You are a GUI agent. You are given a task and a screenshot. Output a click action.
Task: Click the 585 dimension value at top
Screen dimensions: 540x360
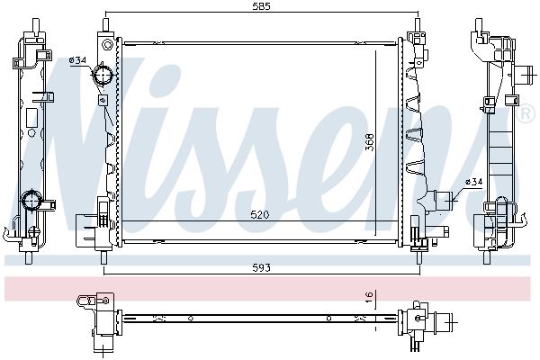261,6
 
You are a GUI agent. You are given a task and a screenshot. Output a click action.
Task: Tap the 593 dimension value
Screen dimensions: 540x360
261,267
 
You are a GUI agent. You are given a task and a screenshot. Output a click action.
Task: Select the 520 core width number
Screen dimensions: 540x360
260,215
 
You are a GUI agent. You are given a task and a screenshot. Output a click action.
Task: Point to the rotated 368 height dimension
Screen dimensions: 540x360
369,142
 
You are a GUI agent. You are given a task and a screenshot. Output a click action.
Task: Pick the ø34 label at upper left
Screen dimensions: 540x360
77,60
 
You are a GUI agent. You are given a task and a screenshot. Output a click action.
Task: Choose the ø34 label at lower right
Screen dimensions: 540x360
474,182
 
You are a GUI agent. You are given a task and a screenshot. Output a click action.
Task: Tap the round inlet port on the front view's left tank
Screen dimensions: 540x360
103,75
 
